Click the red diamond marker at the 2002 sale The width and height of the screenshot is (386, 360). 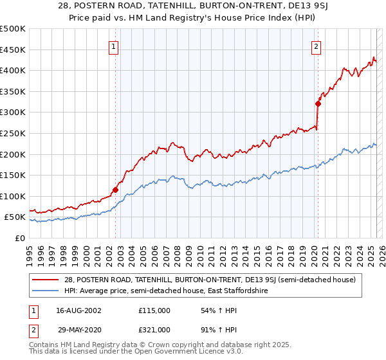(116, 190)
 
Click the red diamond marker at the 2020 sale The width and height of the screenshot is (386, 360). (318, 103)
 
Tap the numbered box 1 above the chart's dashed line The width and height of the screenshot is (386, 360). (113, 46)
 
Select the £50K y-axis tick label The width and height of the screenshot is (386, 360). (15, 217)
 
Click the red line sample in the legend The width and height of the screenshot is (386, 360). (46, 279)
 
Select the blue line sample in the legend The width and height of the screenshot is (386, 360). (46, 291)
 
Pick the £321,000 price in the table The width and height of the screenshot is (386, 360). (154, 329)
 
